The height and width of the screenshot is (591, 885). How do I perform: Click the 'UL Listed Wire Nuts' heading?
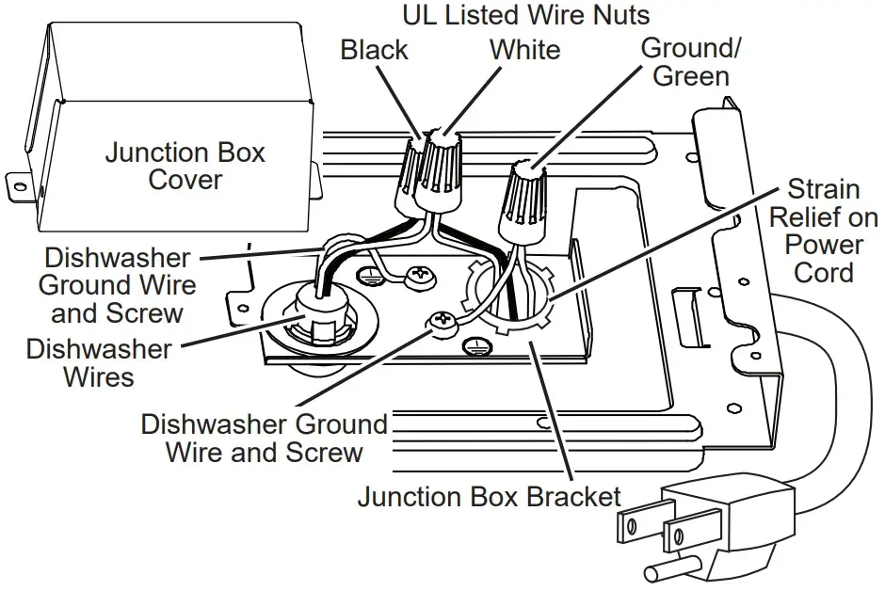(525, 15)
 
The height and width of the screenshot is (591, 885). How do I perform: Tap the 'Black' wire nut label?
(375, 49)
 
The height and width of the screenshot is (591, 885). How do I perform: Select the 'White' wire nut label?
(523, 49)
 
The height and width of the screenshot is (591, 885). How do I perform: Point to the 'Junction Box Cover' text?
(185, 166)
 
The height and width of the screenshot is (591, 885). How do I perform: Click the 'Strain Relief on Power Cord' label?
(815, 231)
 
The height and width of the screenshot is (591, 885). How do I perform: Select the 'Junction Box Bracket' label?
(490, 496)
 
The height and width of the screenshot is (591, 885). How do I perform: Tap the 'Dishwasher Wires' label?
(99, 363)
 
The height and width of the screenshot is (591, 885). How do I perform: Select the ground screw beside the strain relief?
(441, 322)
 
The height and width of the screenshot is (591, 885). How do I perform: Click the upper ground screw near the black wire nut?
(417, 276)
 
